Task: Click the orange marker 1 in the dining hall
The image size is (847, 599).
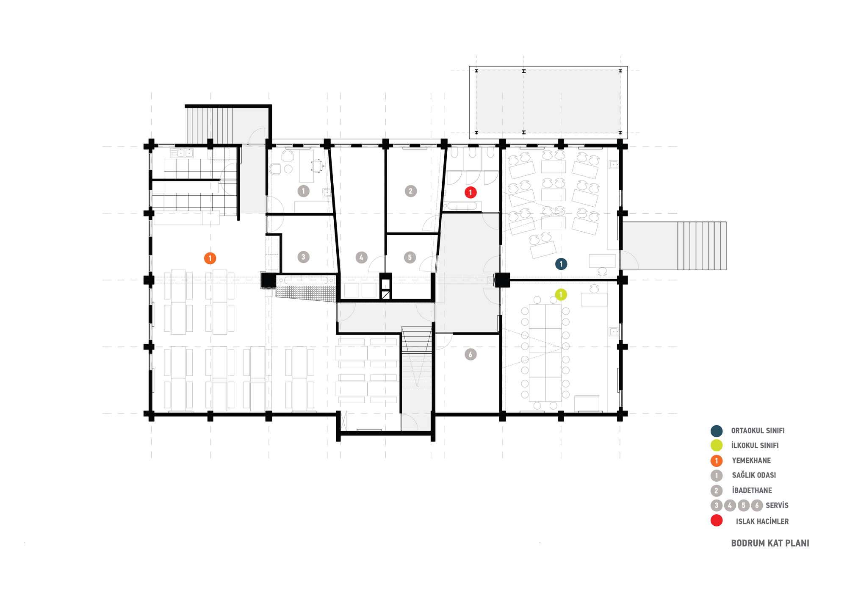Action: [210, 258]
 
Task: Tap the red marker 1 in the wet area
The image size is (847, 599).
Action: [471, 192]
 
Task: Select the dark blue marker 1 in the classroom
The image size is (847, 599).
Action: [561, 264]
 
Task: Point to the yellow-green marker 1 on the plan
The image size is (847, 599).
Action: [561, 294]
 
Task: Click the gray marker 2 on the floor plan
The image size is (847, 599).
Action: [410, 191]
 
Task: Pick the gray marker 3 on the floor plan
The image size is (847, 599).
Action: [303, 257]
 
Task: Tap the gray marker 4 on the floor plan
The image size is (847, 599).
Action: [361, 257]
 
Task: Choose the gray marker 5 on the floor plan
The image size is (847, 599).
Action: [410, 257]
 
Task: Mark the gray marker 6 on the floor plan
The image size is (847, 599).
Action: [471, 354]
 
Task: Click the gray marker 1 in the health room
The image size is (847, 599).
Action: [303, 191]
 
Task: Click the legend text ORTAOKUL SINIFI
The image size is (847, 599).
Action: [758, 431]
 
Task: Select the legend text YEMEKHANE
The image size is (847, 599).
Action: [751, 460]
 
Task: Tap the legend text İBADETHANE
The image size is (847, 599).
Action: [752, 490]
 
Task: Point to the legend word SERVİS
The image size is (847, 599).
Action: [777, 505]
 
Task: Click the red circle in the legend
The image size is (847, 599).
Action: [717, 520]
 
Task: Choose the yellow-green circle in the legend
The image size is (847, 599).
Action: [717, 445]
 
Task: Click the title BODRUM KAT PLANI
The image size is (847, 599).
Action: [770, 543]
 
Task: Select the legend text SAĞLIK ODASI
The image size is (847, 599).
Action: [754, 475]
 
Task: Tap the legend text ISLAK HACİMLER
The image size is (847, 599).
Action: [762, 521]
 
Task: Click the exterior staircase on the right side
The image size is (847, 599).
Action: [702, 246]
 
